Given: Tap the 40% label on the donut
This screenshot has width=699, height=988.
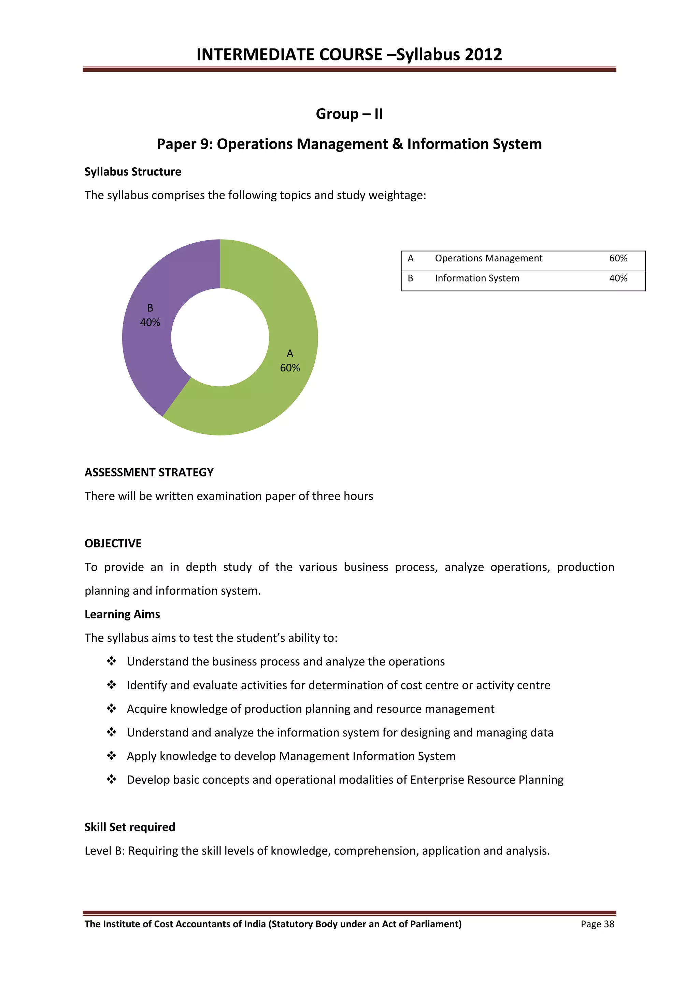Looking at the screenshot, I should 150,322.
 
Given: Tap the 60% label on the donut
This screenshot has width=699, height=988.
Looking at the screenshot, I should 290,368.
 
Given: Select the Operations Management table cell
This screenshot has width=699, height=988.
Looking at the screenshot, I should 488,258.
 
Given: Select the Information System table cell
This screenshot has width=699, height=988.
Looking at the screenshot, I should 477,278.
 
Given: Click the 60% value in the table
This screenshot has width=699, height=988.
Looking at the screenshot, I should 618,258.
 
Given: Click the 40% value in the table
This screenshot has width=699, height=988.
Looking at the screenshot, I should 618,278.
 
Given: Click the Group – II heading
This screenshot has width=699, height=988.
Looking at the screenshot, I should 349,114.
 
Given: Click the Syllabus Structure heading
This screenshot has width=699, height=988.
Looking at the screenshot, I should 132,172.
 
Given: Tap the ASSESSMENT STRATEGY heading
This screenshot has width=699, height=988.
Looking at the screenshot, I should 149,472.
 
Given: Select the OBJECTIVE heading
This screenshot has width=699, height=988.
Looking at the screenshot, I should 113,544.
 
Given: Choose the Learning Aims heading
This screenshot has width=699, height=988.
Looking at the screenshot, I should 122,615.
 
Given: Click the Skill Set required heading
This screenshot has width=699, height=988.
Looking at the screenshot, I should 130,827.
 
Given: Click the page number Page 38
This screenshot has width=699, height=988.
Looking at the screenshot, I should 597,924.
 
